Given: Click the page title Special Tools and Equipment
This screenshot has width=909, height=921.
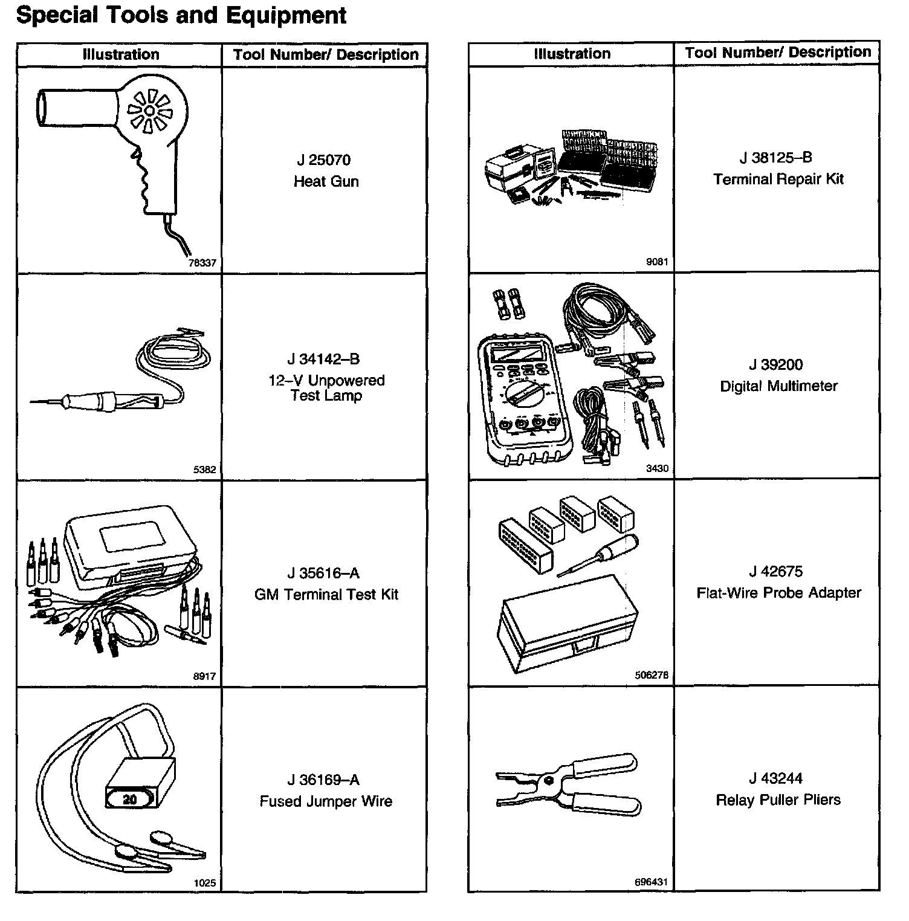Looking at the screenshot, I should pyautogui.click(x=181, y=16).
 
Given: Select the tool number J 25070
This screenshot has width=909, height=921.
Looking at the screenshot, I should pyautogui.click(x=324, y=160).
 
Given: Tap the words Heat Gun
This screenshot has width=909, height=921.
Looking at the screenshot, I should pyautogui.click(x=326, y=181).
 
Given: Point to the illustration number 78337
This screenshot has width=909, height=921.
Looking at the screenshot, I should pyautogui.click(x=202, y=263).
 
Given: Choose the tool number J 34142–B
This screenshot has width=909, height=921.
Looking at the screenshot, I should pyautogui.click(x=324, y=360).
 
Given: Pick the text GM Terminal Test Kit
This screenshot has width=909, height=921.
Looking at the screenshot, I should pyautogui.click(x=326, y=595).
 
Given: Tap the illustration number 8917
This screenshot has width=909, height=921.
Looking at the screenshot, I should pyautogui.click(x=204, y=677).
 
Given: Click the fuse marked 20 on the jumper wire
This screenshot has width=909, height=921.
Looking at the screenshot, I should pyautogui.click(x=130, y=800).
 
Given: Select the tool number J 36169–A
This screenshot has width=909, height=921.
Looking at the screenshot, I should pyautogui.click(x=324, y=780).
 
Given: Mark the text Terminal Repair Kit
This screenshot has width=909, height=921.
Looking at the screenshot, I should pyautogui.click(x=778, y=179).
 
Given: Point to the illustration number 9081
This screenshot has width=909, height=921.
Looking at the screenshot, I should pyautogui.click(x=657, y=262).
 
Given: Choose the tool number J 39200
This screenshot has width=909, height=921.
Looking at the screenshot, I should pyautogui.click(x=776, y=365).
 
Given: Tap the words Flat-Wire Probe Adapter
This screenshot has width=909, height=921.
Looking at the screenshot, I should pyautogui.click(x=778, y=593).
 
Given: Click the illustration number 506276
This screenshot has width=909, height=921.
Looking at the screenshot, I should pyautogui.click(x=652, y=676).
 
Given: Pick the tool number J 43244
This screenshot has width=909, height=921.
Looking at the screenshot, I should pyautogui.click(x=776, y=778).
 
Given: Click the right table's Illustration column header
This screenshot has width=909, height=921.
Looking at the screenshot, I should pyautogui.click(x=572, y=54).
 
